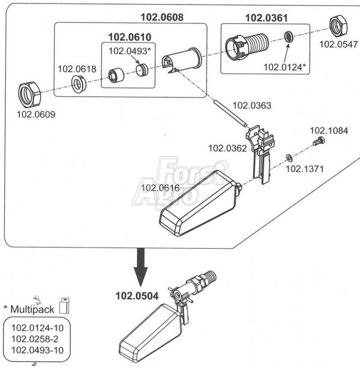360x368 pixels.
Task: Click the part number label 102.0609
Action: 36,114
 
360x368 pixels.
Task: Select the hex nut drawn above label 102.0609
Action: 29,95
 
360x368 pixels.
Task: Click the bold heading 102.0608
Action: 162,17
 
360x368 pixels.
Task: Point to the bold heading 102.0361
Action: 266,18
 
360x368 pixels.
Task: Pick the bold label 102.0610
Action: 130,37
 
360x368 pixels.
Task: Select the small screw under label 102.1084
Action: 319,141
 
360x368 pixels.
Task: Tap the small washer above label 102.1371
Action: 289,158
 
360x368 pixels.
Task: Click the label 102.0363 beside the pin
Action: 252,106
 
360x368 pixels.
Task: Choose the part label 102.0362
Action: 228,148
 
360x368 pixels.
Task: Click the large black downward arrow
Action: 141,267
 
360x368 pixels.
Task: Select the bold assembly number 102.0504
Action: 137,296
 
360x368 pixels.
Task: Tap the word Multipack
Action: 32,310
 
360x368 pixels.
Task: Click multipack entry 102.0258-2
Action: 35,339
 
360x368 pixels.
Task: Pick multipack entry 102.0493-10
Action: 37,350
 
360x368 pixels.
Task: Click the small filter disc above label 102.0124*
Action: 289,36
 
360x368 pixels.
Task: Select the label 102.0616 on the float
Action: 160,188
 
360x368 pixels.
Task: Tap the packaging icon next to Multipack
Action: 64,306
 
